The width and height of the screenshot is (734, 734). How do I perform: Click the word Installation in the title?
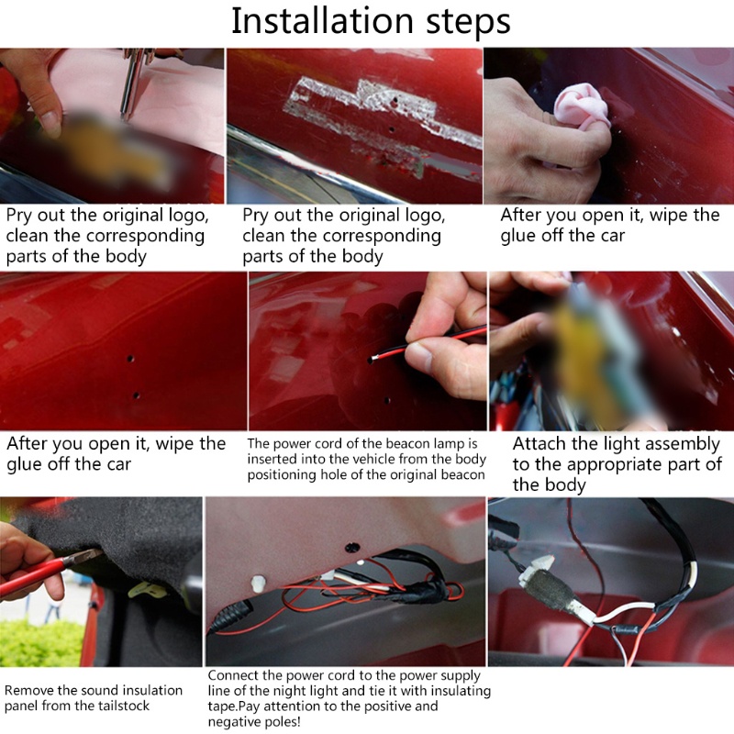[323, 21]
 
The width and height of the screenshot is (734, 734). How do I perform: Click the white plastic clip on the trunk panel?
[258, 584]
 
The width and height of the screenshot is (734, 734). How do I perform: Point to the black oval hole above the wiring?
[352, 547]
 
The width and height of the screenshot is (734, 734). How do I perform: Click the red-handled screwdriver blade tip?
[96, 553]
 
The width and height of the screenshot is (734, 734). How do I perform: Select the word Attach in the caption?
[536, 443]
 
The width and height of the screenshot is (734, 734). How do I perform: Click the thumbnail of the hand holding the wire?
[368, 351]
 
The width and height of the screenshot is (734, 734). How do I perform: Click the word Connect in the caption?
[233, 675]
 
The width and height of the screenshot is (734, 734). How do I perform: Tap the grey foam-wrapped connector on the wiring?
[551, 591]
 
